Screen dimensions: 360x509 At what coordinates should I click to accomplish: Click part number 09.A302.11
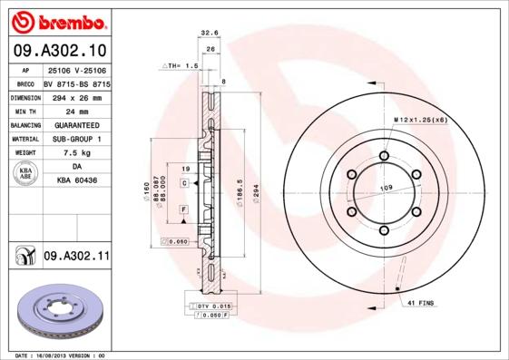point(76,257)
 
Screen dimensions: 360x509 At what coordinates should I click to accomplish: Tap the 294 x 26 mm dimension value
point(76,95)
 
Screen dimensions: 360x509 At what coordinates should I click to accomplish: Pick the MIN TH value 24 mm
point(76,110)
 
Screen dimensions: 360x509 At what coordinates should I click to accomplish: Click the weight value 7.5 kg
point(76,153)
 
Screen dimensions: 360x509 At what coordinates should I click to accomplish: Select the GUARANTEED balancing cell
point(76,124)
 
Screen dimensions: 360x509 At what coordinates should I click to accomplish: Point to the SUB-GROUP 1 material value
point(76,139)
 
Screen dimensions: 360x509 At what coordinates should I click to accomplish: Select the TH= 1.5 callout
point(180,66)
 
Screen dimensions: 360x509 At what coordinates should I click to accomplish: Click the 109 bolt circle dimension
point(384,188)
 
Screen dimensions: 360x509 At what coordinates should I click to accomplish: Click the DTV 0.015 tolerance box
point(214,306)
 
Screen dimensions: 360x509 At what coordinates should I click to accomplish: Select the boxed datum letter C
point(184,183)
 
